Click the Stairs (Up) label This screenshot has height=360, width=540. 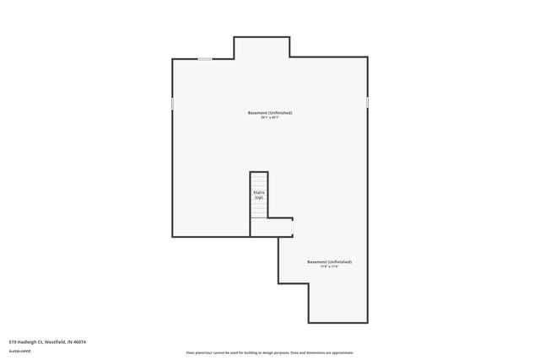pyautogui.click(x=258, y=195)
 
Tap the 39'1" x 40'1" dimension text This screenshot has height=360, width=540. pyautogui.click(x=270, y=117)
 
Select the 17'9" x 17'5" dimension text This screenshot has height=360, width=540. pyautogui.click(x=329, y=267)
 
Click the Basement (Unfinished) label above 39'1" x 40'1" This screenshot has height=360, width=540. pyautogui.click(x=270, y=112)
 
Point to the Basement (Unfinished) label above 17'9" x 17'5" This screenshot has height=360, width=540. pyautogui.click(x=329, y=261)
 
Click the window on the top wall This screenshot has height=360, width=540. pyautogui.click(x=205, y=58)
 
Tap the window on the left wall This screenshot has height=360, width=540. pyautogui.click(x=173, y=103)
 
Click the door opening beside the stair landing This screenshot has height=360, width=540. pyautogui.click(x=292, y=226)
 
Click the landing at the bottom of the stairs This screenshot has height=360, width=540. pyautogui.click(x=270, y=227)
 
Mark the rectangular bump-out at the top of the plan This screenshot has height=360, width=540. pyautogui.click(x=262, y=47)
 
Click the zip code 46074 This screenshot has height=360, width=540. pyautogui.click(x=80, y=341)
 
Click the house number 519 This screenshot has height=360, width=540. pyautogui.click(x=11, y=341)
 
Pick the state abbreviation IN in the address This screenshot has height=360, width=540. pyautogui.click(x=69, y=341)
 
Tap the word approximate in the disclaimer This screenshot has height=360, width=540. pyautogui.click(x=343, y=352)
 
